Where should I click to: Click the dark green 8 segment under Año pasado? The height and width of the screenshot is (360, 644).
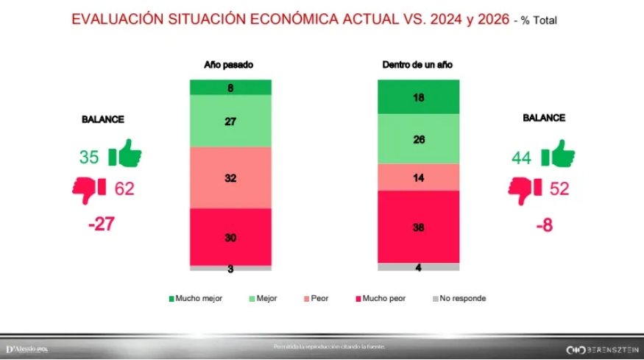230,88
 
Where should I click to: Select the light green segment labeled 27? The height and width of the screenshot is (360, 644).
230,121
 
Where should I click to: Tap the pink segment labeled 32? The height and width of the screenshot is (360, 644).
230,177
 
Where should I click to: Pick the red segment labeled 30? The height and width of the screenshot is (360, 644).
230,237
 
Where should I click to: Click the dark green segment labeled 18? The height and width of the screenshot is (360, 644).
418,96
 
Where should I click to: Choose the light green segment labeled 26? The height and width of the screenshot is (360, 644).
418,138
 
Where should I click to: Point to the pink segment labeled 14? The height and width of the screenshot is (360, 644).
418,177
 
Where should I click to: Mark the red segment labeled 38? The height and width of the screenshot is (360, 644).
418,227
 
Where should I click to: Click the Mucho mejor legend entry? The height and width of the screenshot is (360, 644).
196,299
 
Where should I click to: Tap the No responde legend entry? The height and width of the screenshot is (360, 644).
459,299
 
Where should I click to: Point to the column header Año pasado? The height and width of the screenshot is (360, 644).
229,65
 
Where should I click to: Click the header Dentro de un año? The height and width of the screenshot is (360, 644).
417,65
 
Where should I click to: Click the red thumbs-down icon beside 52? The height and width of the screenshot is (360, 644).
525,188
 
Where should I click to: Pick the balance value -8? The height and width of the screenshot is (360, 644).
544,224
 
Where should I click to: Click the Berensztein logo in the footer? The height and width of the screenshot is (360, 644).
601,348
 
